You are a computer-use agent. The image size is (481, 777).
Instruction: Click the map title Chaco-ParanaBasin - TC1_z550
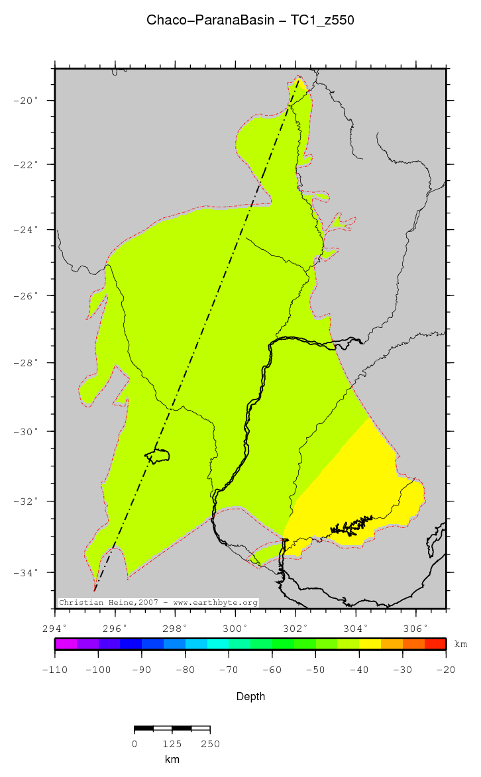coord(250,21)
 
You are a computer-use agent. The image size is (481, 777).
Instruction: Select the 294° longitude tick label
coord(55,628)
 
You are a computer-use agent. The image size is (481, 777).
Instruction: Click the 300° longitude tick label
coord(235,628)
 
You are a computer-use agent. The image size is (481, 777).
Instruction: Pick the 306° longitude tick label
coord(415,628)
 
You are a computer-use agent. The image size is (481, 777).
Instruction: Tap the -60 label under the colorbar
coord(272,670)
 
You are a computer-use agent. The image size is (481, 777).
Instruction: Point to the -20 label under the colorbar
coord(445,670)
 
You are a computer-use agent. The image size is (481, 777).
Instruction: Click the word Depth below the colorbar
coord(250,696)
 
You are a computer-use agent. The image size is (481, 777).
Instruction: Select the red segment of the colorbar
coord(435,644)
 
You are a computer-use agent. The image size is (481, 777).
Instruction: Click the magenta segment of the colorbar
coord(66,644)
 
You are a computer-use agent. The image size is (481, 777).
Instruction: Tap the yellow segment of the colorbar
coord(370,644)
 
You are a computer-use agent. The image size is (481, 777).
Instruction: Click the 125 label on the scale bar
coord(172,744)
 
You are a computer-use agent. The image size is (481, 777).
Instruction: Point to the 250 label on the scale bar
coord(209,744)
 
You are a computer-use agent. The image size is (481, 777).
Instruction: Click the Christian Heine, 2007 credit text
coord(158,603)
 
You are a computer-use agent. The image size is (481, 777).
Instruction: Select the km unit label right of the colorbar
coord(460,644)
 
